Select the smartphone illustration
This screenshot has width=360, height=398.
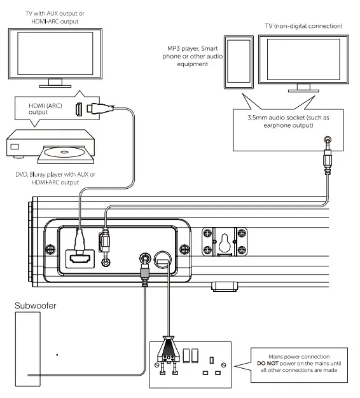pos(239,65)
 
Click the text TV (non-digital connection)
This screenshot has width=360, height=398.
pos(301,25)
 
